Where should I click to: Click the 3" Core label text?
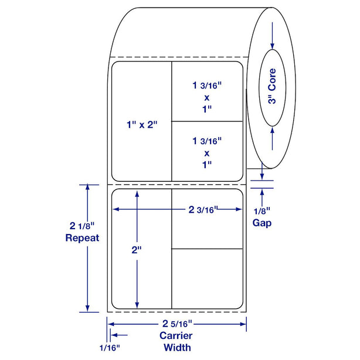coord(272,86)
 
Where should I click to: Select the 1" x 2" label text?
coord(142,125)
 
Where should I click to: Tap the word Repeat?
coord(82,238)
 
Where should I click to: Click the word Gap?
coord(262,223)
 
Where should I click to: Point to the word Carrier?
coord(176,335)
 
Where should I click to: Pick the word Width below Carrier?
coord(177,347)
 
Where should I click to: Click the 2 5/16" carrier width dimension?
coord(177,324)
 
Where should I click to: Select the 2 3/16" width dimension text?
coord(203,209)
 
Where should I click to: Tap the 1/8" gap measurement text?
coord(262,211)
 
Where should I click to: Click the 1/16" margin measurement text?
coord(110,348)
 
